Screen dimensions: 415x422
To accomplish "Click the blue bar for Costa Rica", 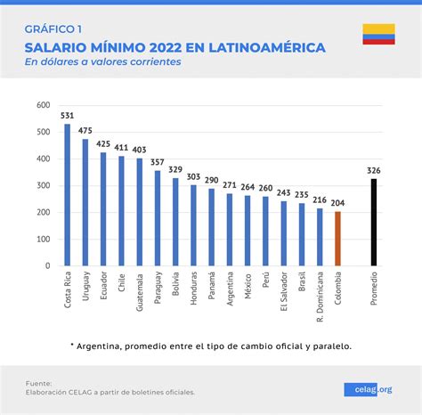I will coord(67,195).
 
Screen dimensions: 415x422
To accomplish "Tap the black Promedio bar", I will coord(373,223).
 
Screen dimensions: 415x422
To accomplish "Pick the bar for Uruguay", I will coord(85,202).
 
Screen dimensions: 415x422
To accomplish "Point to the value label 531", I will coord(67,116).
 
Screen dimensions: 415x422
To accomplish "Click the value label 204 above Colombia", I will coord(337,203).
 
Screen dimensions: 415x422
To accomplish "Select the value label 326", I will coord(373,170).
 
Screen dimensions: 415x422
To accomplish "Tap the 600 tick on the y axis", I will coord(43,106).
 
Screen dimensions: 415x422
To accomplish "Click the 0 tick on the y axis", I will coord(47,266).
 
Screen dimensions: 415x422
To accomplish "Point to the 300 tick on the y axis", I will coord(43,186).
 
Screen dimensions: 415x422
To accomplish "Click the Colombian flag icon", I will coord(377,35).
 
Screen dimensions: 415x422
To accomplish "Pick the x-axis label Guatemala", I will coord(140,290).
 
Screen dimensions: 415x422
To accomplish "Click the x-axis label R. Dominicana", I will coord(320,295).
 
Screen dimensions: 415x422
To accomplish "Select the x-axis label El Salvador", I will coord(284,292).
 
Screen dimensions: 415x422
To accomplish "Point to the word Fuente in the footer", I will coord(39,381).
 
